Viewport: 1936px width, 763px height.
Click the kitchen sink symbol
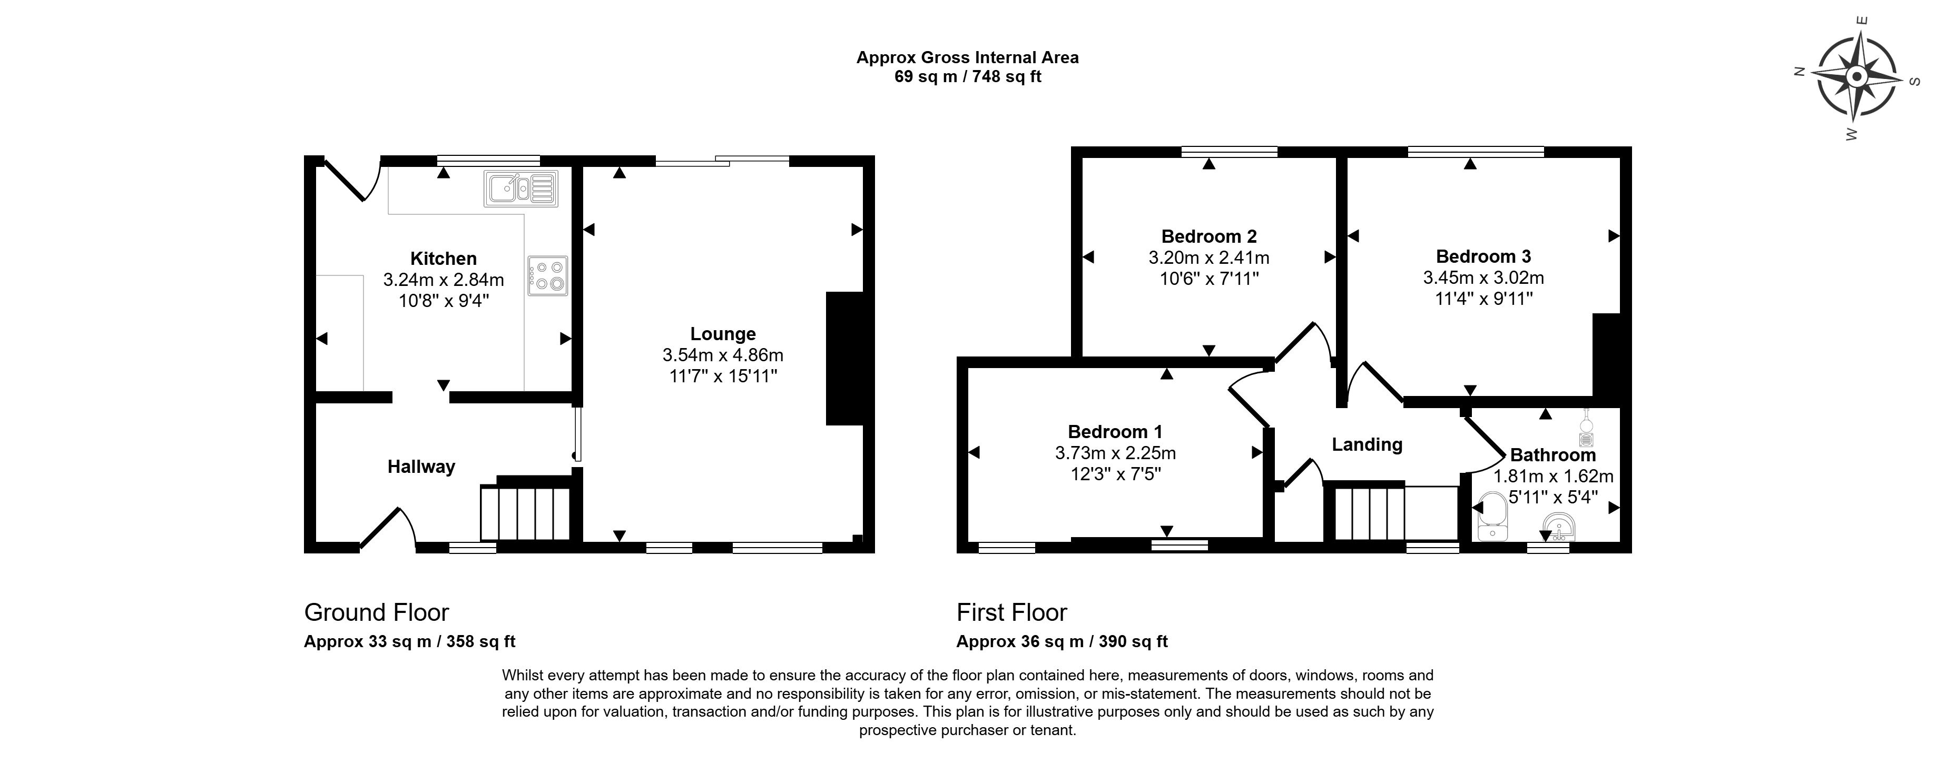click(x=522, y=189)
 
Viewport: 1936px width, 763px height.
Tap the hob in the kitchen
click(x=548, y=275)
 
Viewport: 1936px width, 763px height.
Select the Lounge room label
click(x=722, y=333)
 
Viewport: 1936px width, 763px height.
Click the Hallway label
click(x=421, y=467)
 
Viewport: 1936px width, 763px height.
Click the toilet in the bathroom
click(x=1491, y=518)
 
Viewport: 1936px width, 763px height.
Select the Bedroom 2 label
click(x=1208, y=236)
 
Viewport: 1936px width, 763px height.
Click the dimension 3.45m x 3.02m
click(x=1483, y=278)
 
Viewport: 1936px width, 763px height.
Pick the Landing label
click(x=1367, y=444)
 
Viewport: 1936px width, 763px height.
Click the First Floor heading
click(x=1011, y=613)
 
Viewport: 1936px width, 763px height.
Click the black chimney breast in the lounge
click(x=844, y=359)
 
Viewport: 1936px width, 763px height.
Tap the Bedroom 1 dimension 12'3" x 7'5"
click(x=1115, y=474)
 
